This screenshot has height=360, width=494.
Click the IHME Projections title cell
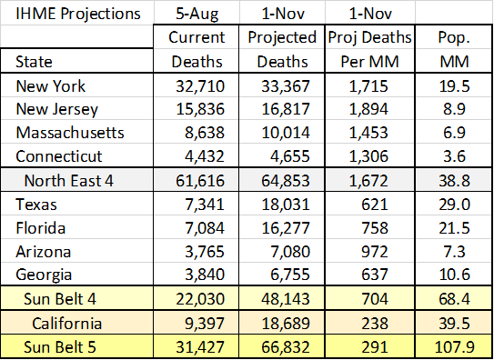coord(78,14)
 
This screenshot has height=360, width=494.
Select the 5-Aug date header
coord(197,14)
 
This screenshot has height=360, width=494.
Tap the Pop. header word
coord(454,38)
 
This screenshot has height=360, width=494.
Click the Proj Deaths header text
coord(369,38)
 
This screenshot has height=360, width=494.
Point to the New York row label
coord(50,85)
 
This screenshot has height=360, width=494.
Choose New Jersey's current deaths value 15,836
coord(200,109)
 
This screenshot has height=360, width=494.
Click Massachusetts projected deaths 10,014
coord(286,133)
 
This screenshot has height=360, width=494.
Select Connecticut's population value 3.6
coord(454,156)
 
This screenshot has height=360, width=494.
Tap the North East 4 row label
coord(68,181)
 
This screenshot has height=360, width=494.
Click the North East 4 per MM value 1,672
coord(368,181)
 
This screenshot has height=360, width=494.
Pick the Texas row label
coord(36,205)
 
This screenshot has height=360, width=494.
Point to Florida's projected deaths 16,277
coord(286,228)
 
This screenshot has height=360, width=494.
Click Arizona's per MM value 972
coord(375,252)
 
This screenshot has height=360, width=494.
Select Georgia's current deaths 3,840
coord(205,275)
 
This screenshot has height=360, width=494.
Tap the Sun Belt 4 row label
coord(60,298)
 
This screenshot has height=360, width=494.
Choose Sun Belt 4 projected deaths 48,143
coord(286,298)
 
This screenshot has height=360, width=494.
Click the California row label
coord(67,324)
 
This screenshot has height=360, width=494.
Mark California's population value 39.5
coord(454,324)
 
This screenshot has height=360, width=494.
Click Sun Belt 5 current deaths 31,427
coord(200,346)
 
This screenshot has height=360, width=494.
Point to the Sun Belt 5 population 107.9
coord(454,346)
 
